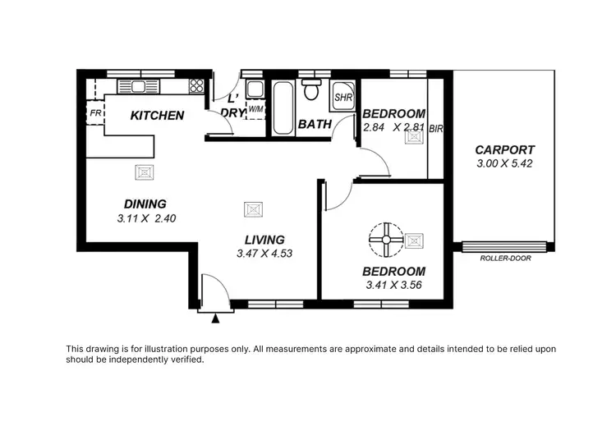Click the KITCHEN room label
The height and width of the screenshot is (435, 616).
point(157,116)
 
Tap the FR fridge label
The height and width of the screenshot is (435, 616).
point(94,113)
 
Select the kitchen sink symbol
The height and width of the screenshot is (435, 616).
point(132,85)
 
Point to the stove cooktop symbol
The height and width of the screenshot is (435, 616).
point(196,85)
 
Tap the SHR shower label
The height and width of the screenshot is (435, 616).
point(342,98)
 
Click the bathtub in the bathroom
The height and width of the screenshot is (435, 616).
point(282,108)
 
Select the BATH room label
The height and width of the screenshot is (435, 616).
point(315,125)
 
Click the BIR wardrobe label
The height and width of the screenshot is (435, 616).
point(436,128)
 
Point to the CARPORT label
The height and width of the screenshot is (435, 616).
point(505,150)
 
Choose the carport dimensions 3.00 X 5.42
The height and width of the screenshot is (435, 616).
point(505,164)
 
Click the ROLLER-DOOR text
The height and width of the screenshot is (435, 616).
point(505,259)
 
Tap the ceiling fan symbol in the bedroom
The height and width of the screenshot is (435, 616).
point(384,240)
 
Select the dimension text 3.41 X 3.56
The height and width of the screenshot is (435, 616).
point(393,286)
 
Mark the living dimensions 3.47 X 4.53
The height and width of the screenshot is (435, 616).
point(264,254)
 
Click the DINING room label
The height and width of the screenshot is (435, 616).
point(145,204)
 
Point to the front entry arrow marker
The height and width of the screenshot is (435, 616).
point(215,318)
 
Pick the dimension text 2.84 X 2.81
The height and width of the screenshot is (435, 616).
point(393,127)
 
